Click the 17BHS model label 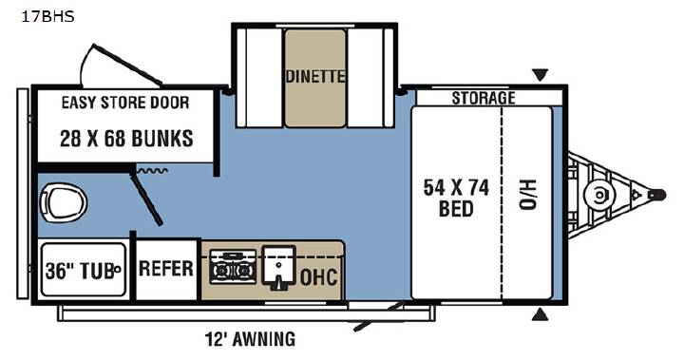47,16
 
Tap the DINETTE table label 315,76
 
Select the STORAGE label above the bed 484,98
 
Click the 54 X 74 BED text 456,199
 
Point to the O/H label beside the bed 528,195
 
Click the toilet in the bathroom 64,202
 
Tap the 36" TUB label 83,270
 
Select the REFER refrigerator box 166,269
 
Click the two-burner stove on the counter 233,267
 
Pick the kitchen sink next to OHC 278,266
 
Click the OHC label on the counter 319,276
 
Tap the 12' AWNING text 250,338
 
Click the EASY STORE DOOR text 125,103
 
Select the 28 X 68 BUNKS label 126,139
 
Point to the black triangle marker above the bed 540,75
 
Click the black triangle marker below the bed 540,314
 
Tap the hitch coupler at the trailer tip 656,195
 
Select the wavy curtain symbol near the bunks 152,171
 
